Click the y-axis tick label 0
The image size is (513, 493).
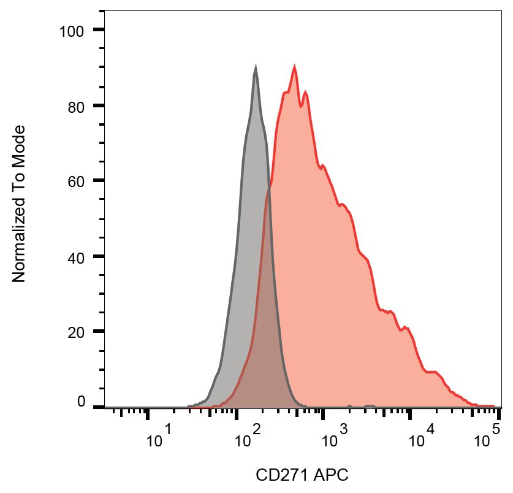pyautogui.click(x=81, y=402)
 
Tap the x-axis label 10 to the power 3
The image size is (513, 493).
pyautogui.click(x=336, y=438)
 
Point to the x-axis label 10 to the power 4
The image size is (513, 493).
pyautogui.click(x=424, y=438)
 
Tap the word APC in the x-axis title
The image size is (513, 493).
pyautogui.click(x=327, y=475)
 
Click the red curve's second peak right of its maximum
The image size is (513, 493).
pyautogui.click(x=305, y=92)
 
